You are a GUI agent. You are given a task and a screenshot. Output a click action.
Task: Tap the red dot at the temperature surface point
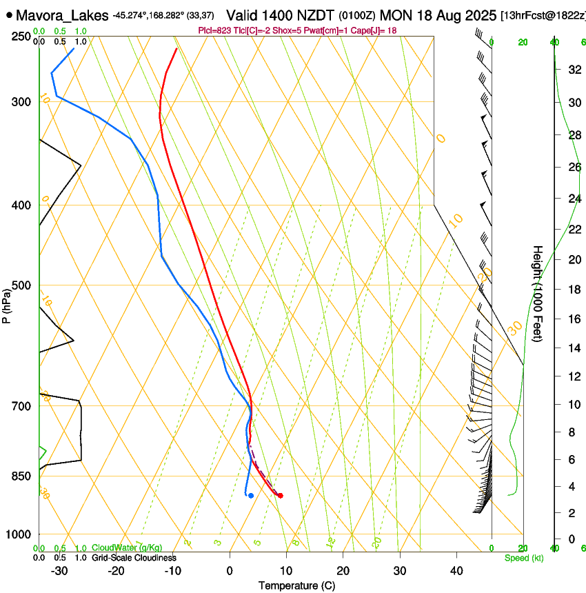(x=280, y=495)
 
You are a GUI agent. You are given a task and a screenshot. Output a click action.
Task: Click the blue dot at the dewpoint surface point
(x=251, y=495)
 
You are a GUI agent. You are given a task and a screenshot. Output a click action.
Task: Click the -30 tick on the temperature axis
(x=59, y=570)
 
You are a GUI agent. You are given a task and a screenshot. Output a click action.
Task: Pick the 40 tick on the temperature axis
(x=456, y=570)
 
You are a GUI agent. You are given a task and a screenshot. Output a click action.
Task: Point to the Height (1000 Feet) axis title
(x=538, y=293)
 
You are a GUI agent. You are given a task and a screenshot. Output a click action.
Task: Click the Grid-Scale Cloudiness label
(x=134, y=558)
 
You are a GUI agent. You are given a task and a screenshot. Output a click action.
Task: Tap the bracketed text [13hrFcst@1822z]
(x=543, y=15)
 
